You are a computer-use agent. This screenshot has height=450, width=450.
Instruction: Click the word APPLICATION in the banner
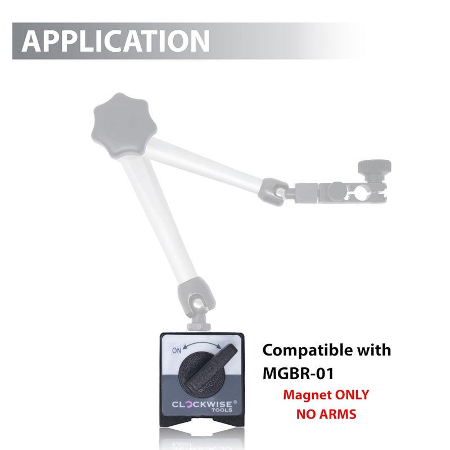[x=115, y=40]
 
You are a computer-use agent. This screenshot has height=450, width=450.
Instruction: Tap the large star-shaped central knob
[x=124, y=125]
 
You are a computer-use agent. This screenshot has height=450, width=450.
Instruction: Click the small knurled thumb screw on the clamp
[x=374, y=170]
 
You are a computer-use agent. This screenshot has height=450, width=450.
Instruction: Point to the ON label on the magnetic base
[x=177, y=350]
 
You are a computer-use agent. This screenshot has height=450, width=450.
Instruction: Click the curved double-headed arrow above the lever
[x=202, y=345]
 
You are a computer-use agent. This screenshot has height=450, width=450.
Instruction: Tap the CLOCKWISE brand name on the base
[x=202, y=404]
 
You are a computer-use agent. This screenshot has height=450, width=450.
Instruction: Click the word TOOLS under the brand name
[x=222, y=410]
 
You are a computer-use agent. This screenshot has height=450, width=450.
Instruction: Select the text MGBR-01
[x=298, y=373]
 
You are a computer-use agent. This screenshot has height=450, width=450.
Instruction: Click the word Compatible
[x=307, y=351]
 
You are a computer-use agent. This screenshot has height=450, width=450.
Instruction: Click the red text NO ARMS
[x=326, y=414]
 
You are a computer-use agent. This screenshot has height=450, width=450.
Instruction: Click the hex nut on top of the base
[x=199, y=326]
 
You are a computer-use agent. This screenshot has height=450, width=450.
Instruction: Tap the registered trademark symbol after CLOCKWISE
[x=235, y=402]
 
